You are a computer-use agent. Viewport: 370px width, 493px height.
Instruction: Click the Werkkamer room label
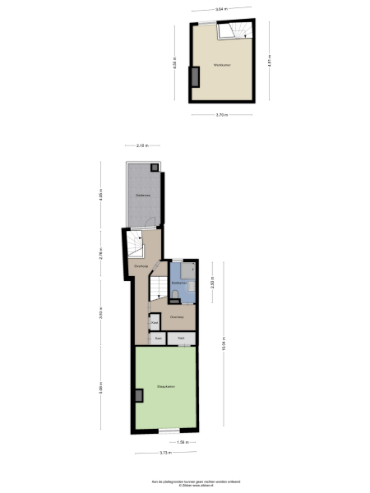click(220, 64)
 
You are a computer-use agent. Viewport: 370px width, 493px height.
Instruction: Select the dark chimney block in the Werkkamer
click(196, 76)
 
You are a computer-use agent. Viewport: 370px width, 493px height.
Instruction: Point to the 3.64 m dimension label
click(220, 9)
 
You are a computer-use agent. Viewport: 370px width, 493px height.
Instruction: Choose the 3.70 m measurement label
click(221, 114)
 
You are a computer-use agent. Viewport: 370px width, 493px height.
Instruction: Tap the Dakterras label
click(142, 194)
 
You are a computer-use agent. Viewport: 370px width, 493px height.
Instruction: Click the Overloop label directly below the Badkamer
click(176, 316)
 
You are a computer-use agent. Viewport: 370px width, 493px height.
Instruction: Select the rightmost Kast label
click(181, 338)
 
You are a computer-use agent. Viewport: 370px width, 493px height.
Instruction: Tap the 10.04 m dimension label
click(224, 345)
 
